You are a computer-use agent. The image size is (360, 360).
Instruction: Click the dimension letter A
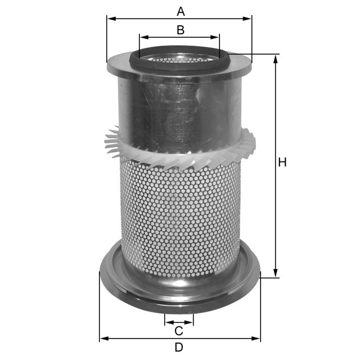[x=180, y=11]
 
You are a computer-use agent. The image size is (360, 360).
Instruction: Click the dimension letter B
[x=180, y=30]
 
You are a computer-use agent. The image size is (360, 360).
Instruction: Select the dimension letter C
[x=178, y=331]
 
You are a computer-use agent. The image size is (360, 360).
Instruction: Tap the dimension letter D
[x=179, y=347]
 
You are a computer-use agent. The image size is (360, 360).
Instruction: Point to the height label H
[x=282, y=163]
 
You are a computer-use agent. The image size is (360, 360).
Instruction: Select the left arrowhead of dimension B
[x=143, y=38]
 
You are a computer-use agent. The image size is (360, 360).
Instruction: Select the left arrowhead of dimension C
[x=168, y=323]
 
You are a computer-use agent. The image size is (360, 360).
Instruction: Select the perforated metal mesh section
[x=180, y=219]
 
